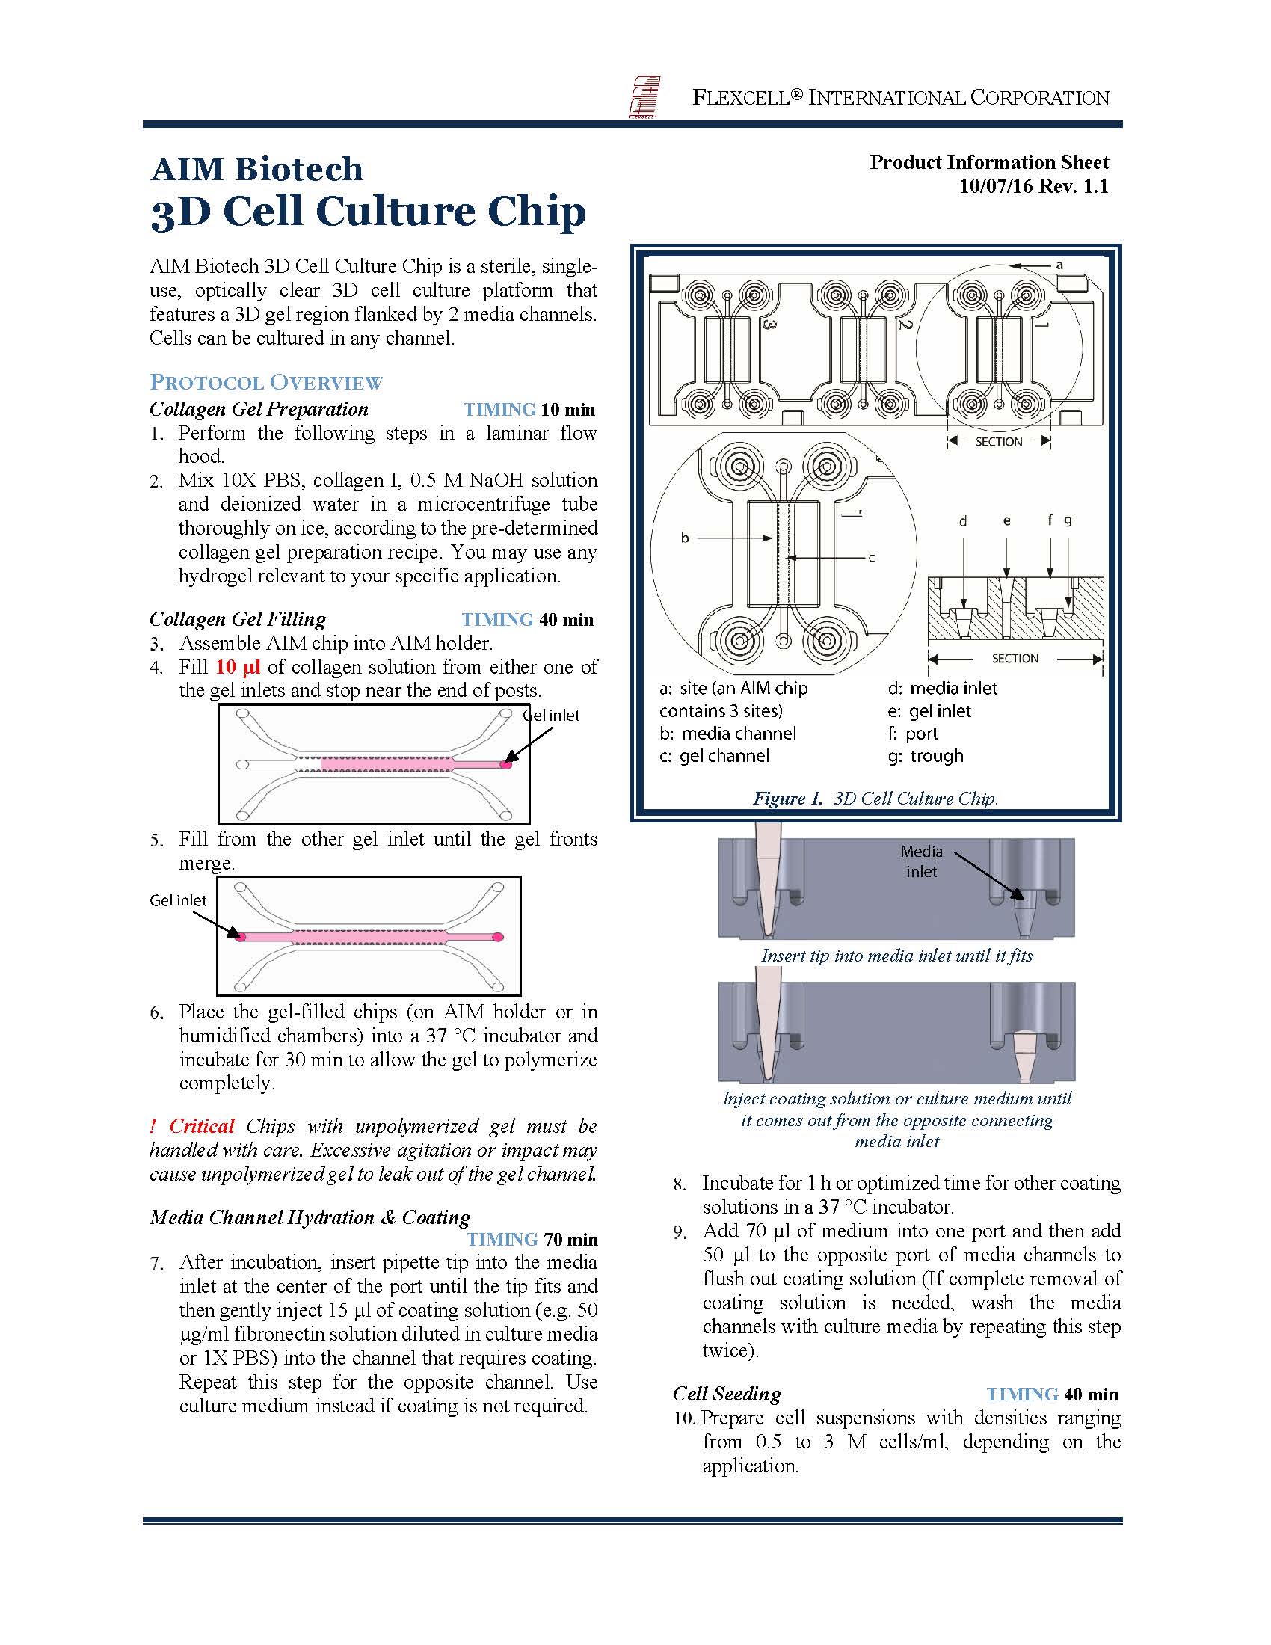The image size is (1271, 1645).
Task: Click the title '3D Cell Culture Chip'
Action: click(368, 212)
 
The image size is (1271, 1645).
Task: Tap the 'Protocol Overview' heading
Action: click(266, 382)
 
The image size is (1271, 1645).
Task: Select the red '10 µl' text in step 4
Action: click(237, 667)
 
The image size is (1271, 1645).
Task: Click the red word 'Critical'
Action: click(202, 1126)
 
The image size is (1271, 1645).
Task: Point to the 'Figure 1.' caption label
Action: click(787, 799)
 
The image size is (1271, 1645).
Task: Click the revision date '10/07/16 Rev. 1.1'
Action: click(1033, 186)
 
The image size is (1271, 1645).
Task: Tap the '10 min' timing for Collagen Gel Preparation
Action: click(567, 410)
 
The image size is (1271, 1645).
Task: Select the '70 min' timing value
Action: click(570, 1240)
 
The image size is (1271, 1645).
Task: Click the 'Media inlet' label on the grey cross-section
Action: click(921, 861)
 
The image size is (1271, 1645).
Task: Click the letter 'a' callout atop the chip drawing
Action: click(1059, 265)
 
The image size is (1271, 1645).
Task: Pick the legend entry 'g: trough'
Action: click(926, 755)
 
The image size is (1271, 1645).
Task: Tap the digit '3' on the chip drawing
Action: click(769, 325)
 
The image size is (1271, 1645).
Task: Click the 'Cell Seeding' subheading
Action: click(727, 1394)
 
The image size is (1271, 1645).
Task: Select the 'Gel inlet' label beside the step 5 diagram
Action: click(178, 900)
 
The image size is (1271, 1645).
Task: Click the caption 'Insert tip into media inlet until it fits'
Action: click(896, 956)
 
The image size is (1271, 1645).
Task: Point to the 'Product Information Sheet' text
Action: click(989, 162)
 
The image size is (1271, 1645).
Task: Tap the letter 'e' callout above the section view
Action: click(1007, 521)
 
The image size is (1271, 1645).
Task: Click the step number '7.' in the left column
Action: click(156, 1264)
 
